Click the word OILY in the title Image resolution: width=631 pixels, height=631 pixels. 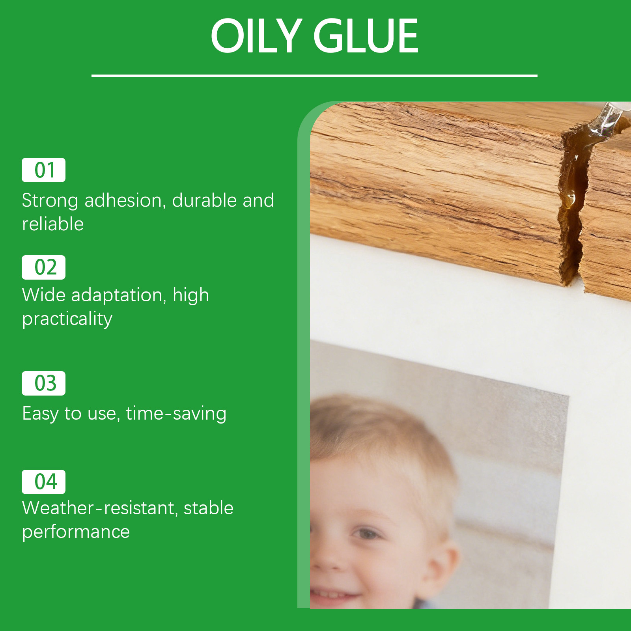(257, 36)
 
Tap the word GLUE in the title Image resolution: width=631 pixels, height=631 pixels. (366, 36)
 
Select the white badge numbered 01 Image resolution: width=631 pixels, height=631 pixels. (43, 170)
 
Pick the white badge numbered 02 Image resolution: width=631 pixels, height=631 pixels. (43, 267)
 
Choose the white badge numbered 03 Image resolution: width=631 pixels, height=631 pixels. (43, 383)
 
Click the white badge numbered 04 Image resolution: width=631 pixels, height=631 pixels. (43, 482)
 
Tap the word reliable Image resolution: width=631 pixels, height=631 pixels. (53, 224)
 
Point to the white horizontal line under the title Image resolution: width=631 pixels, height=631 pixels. (314, 75)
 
